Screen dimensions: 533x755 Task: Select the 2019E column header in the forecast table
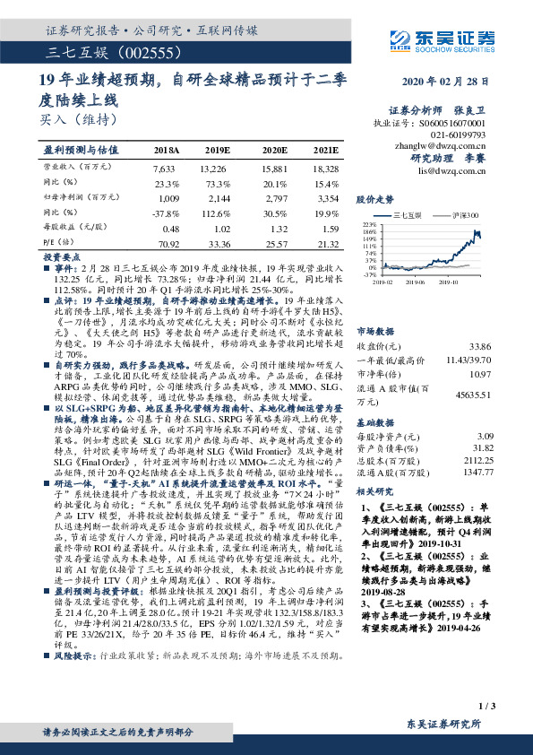(x=215, y=151)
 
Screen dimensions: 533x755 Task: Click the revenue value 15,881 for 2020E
(x=274, y=168)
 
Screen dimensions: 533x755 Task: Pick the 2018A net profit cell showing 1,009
(x=168, y=195)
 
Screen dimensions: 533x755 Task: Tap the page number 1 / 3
(x=487, y=709)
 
